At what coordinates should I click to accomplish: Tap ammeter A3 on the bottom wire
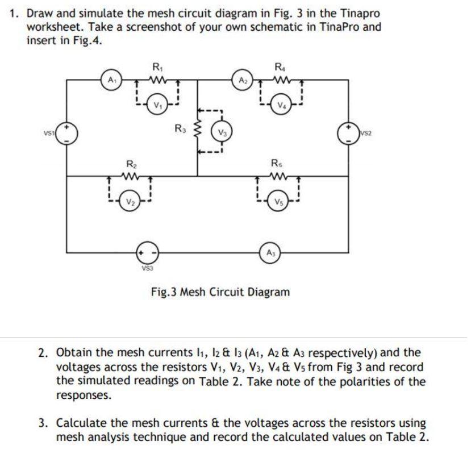click(267, 251)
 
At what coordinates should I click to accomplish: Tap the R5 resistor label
click(278, 163)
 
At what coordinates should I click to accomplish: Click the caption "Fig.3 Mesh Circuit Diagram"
click(220, 292)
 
